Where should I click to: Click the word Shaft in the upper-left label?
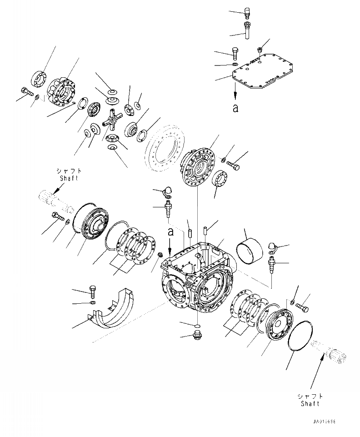[x=69, y=178]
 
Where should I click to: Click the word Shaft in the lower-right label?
[x=310, y=403]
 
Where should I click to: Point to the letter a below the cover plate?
[x=235, y=108]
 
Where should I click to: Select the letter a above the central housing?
[x=170, y=232]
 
